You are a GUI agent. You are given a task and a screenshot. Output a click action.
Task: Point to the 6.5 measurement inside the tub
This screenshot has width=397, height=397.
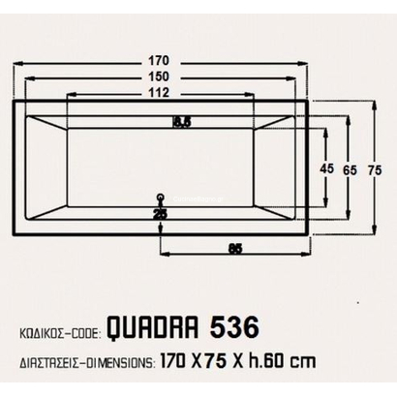pos(181,120)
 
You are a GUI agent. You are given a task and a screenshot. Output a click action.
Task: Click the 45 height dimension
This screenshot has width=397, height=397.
pos(327,168)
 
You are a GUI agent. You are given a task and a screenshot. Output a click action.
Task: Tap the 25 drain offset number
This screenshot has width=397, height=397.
pos(161,212)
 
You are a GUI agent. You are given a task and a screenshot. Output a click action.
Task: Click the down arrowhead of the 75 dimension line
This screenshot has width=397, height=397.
pos(374,232)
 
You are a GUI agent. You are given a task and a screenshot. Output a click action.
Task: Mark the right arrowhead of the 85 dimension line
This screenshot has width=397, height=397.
pos(308,255)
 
